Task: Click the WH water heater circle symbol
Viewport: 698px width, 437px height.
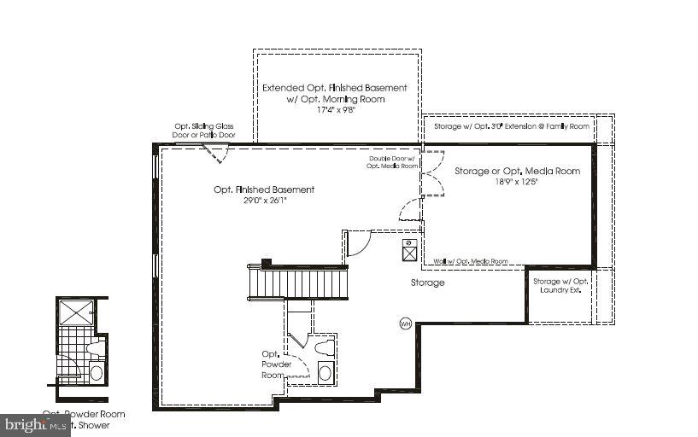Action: click(x=406, y=323)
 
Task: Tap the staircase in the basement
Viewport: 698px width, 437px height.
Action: click(x=298, y=281)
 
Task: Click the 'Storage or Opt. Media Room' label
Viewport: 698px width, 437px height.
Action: click(x=517, y=172)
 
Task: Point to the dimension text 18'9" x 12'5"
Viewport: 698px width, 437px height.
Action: click(x=517, y=183)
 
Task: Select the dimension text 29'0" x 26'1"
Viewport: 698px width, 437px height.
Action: click(x=263, y=201)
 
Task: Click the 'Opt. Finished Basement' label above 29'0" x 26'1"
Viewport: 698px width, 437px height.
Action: click(x=263, y=189)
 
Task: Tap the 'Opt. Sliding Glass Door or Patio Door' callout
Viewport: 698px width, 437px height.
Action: click(x=204, y=131)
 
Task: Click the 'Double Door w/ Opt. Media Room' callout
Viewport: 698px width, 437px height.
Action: click(x=391, y=162)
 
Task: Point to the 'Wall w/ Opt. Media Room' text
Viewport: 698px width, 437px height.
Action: click(x=470, y=261)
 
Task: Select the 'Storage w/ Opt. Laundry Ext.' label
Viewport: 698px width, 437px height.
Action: click(x=561, y=286)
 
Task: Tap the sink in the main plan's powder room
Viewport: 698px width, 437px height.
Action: click(x=325, y=372)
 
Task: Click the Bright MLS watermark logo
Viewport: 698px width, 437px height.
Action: click(x=35, y=424)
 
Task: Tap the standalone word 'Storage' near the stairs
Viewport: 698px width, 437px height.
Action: click(x=426, y=283)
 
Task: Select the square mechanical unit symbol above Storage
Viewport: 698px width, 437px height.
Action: click(x=409, y=249)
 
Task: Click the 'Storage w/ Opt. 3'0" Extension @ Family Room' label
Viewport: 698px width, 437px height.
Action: click(x=511, y=126)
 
